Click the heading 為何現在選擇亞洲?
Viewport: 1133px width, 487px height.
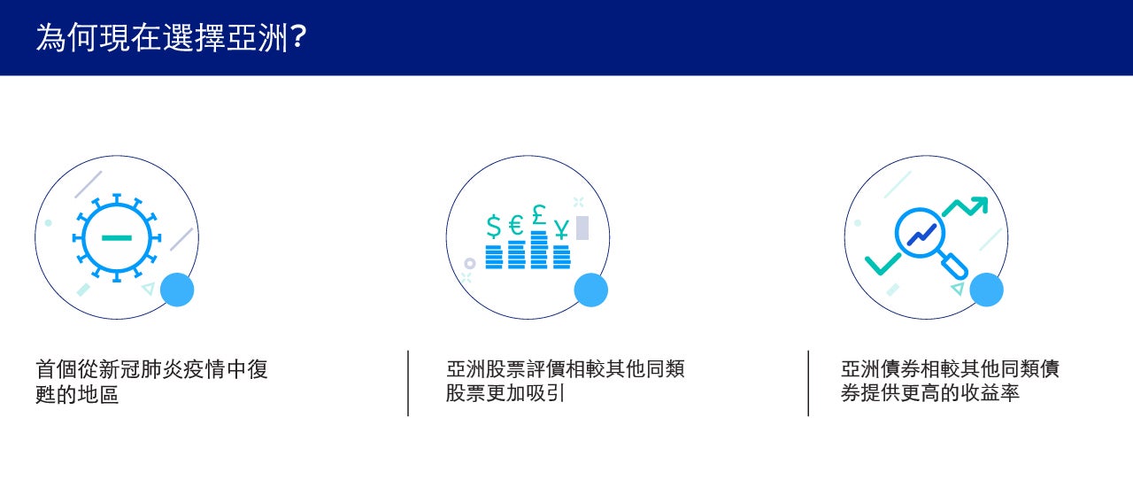coord(171,37)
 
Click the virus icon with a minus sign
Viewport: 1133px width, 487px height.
coord(117,237)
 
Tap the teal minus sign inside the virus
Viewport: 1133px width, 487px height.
coord(117,237)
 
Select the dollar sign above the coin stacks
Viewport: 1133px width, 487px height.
coord(494,226)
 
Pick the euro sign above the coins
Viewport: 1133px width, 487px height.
coord(516,225)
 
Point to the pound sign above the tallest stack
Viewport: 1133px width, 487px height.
coord(539,214)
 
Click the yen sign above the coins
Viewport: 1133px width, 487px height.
coord(561,228)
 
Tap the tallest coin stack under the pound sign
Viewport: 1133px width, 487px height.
coord(539,250)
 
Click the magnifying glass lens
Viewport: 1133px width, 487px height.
coord(920,233)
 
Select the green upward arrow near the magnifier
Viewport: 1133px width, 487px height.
coord(965,206)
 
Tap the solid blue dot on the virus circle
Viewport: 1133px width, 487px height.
coord(177,290)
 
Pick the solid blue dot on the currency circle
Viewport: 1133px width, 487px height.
coord(590,290)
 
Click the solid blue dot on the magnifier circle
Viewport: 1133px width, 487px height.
coord(986,290)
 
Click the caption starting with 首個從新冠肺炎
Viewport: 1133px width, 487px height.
coord(151,382)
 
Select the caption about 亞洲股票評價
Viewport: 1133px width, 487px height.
coord(565,382)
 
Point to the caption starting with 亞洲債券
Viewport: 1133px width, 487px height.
coord(950,382)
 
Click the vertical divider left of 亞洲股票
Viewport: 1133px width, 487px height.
coord(408,383)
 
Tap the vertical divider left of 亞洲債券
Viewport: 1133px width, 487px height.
coord(808,383)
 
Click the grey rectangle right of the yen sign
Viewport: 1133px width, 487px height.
coord(582,228)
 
